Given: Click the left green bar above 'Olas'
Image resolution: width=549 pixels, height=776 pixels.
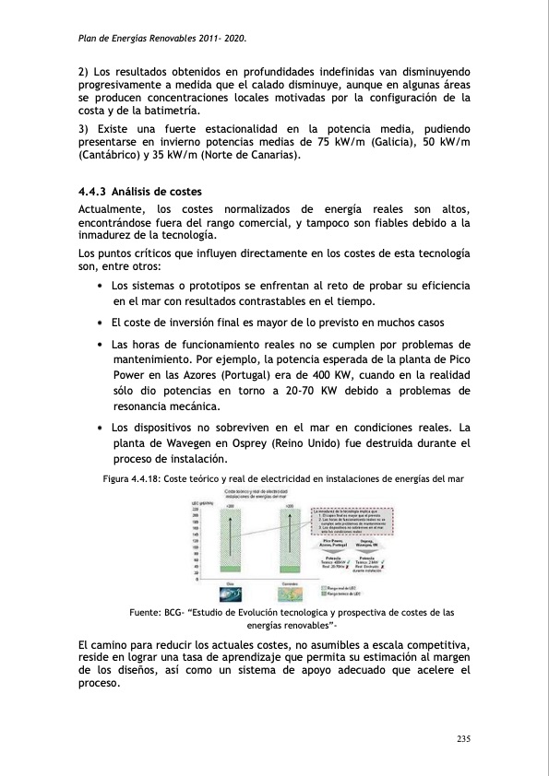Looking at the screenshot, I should [x=230, y=543].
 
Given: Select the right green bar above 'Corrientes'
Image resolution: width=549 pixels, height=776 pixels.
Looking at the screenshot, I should [x=289, y=543].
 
